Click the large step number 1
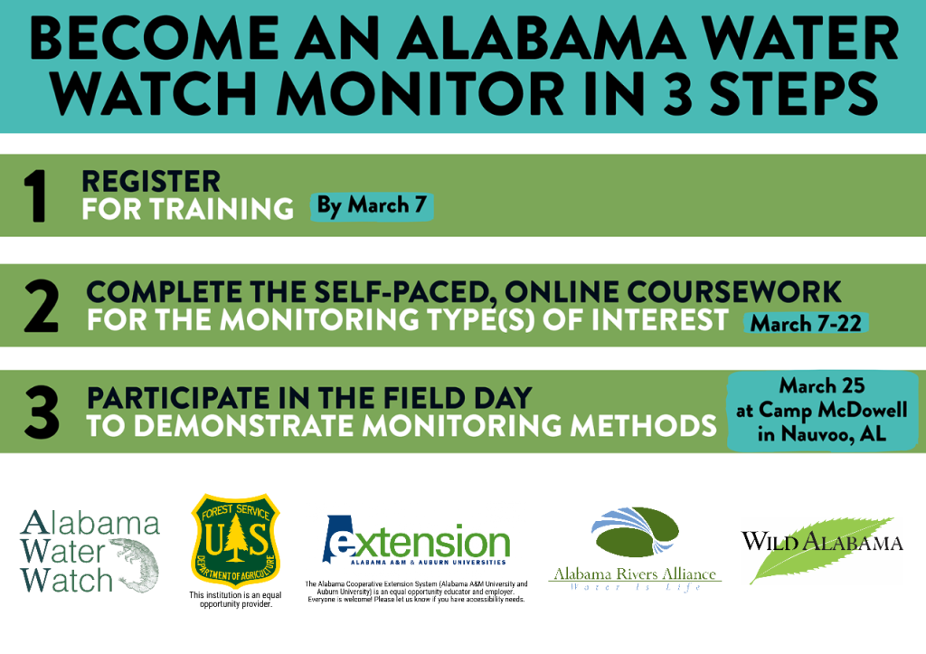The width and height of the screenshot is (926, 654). point(35,196)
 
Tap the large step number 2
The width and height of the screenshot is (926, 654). point(42,306)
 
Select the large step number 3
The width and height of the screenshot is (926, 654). point(42,412)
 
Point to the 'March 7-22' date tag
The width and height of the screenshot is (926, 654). point(806,323)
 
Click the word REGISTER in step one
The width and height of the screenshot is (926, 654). point(151,182)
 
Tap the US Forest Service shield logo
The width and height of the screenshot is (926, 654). point(236,540)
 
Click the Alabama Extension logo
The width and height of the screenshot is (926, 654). point(416,540)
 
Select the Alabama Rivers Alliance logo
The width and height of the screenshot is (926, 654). point(635,547)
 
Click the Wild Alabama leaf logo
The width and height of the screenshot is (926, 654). point(822,549)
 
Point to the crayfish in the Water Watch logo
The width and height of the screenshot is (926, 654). point(136,564)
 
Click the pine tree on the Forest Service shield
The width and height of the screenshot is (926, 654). point(236,537)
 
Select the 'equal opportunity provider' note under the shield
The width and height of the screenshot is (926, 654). point(236,600)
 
